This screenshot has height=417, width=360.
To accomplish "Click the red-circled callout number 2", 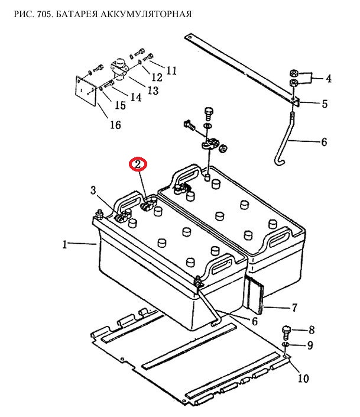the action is point(138,164).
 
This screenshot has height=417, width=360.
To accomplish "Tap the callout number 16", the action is point(115,125).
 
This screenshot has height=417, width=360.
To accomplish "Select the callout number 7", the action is point(294,308).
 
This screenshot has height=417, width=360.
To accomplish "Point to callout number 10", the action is point(303,378).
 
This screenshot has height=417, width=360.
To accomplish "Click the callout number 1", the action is point(64,244).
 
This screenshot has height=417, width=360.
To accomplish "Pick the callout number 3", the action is point(93,190).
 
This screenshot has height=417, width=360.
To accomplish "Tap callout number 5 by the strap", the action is point(325,104).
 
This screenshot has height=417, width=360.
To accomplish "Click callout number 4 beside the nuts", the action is point(329,79).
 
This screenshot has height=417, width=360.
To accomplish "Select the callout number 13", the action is point(153,90).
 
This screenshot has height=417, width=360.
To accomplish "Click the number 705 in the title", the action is point(45,14).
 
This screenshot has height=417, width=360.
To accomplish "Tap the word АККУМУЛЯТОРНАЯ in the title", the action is point(146,14).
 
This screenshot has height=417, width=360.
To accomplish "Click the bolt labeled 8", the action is point(286,332).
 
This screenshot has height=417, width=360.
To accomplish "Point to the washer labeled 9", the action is point(286,345).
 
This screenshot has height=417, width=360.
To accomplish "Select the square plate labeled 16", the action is point(86,91).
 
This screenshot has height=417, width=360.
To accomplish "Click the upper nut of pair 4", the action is point(293,73).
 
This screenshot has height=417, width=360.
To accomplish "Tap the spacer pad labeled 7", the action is point(256,295).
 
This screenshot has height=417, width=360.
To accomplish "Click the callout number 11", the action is point(171,71).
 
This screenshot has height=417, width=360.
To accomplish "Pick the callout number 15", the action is point(120,105).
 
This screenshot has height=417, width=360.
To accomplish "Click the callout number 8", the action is point(312,330).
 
